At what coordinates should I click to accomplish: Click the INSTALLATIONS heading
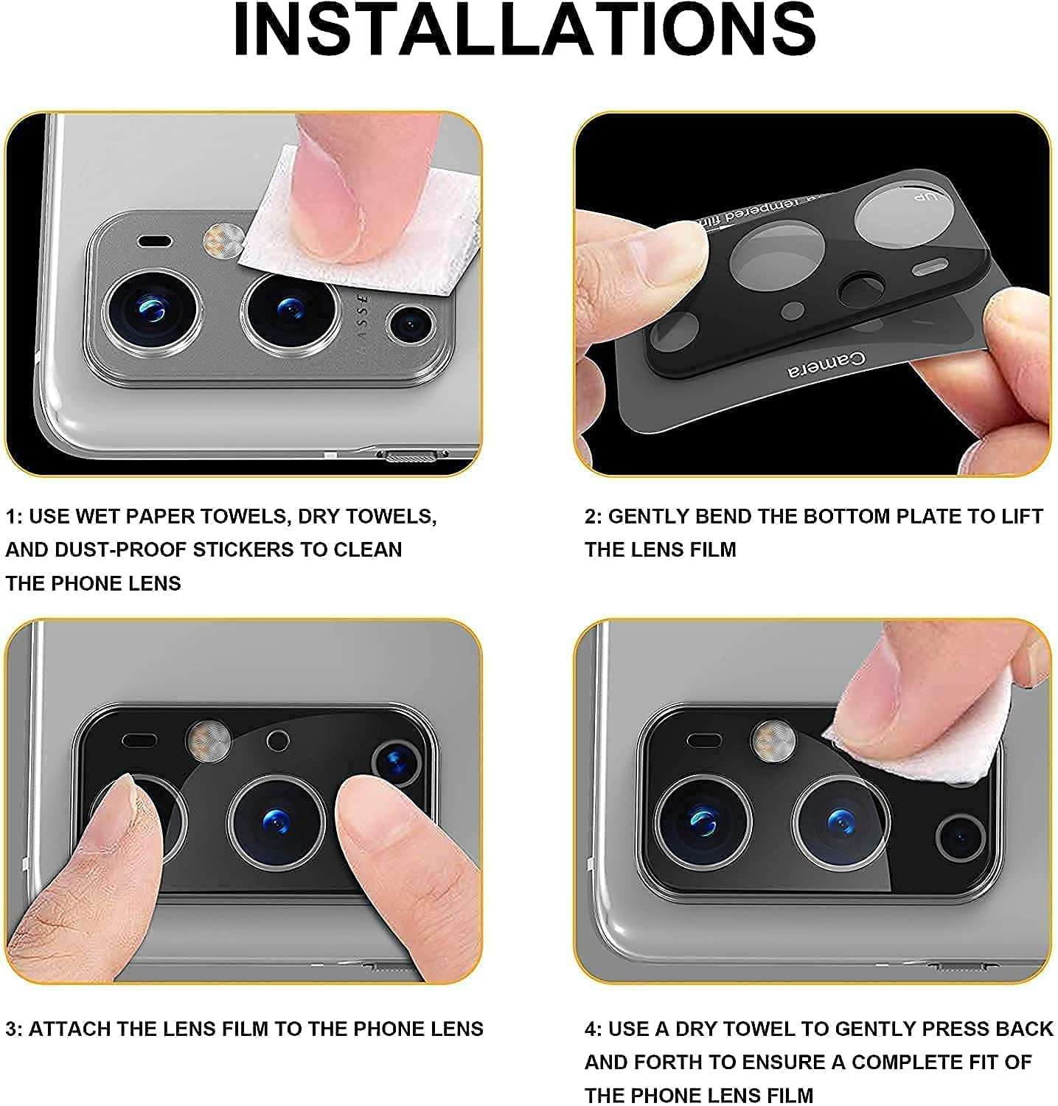tap(524, 30)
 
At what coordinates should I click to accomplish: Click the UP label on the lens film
tap(925, 198)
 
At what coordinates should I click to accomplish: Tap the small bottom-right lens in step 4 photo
tap(960, 838)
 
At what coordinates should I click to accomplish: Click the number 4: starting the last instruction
tap(594, 1029)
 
